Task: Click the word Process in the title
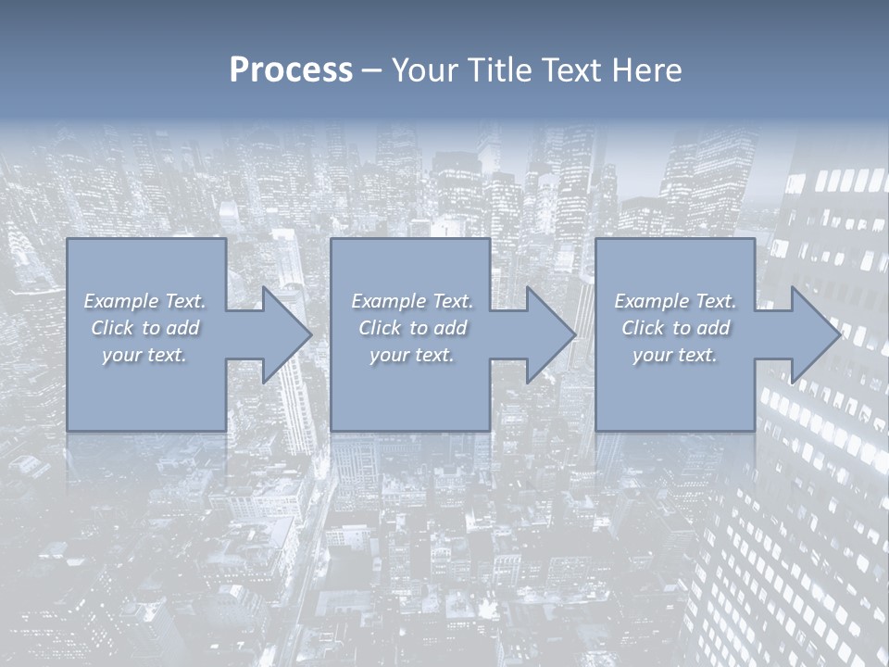pyautogui.click(x=291, y=70)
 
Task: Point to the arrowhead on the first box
pyautogui.click(x=282, y=334)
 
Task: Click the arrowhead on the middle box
pyautogui.click(x=546, y=334)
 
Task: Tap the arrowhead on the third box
pyautogui.click(x=811, y=334)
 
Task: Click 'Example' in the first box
pyautogui.click(x=121, y=301)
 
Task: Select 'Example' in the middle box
pyautogui.click(x=388, y=301)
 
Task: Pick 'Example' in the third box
pyautogui.click(x=651, y=301)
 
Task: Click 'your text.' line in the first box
pyautogui.click(x=144, y=355)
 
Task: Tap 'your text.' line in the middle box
pyautogui.click(x=411, y=355)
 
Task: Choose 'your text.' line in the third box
pyautogui.click(x=674, y=355)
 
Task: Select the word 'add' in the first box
pyautogui.click(x=182, y=328)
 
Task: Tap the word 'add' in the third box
pyautogui.click(x=713, y=328)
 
